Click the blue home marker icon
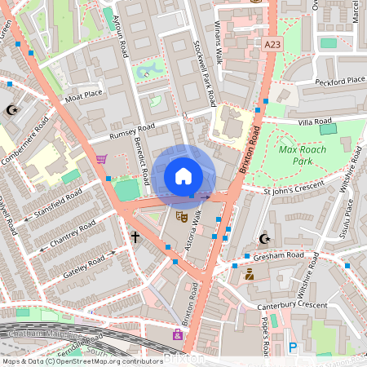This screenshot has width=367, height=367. (x=183, y=176)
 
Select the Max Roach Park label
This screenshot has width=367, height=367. (x=302, y=155)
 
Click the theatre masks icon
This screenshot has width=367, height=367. (x=181, y=216)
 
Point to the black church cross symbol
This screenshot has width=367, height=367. (x=135, y=237)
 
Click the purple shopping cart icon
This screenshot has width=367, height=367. (x=101, y=159)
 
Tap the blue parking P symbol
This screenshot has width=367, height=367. (x=292, y=348)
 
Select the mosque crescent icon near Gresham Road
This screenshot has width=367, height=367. (x=263, y=239)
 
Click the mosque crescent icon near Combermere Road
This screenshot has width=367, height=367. (x=11, y=109)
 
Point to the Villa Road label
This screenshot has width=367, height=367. (x=317, y=121)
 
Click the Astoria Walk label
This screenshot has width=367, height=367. (x=194, y=237)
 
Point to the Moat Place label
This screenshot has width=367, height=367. (x=85, y=95)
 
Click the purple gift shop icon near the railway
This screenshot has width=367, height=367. (x=177, y=334)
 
